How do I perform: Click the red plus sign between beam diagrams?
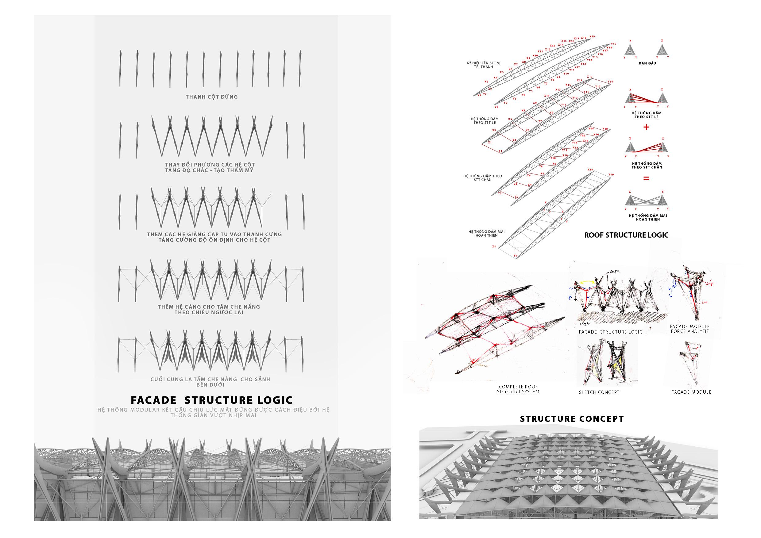[646, 127]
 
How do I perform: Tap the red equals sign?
[646, 178]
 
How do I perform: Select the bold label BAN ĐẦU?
[647, 63]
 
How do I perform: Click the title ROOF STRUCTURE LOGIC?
[626, 235]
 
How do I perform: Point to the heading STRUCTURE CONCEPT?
[572, 419]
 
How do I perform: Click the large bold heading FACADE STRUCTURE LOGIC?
[211, 400]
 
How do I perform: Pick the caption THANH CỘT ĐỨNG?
[211, 97]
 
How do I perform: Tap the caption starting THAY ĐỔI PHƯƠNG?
[210, 167]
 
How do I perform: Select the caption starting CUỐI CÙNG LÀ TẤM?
[210, 382]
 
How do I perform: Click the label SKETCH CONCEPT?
[599, 392]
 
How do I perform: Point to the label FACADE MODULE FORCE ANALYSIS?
[690, 329]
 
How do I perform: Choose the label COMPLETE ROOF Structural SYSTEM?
[518, 389]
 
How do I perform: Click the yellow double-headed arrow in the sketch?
[587, 282]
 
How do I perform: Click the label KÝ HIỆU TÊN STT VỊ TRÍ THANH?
[484, 65]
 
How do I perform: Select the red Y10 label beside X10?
[553, 158]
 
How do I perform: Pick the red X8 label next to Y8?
[554, 164]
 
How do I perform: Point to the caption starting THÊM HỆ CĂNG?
[209, 309]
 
